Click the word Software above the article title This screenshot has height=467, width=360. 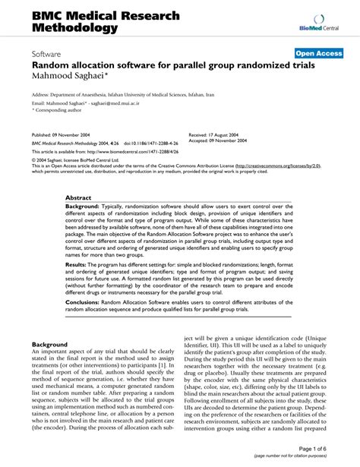click(x=47, y=55)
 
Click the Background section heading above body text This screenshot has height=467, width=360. click(x=49, y=344)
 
